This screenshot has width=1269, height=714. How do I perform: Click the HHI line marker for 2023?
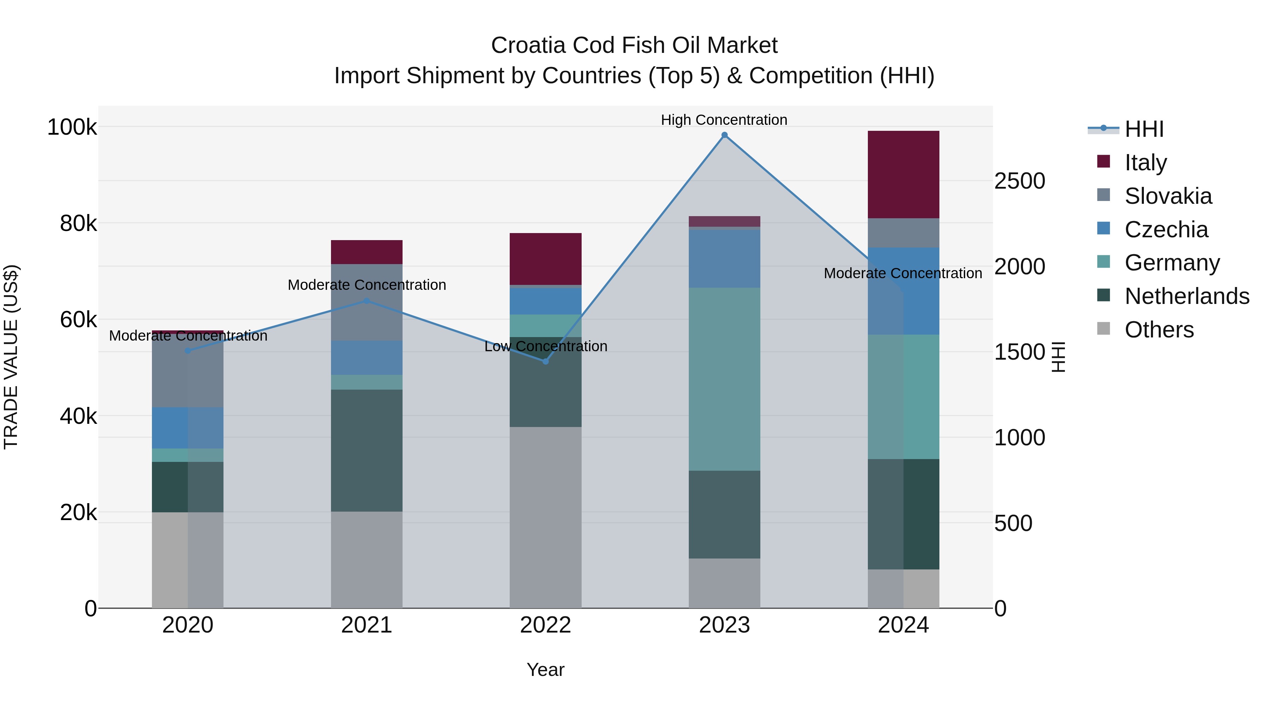tap(724, 135)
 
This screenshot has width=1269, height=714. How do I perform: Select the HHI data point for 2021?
tap(367, 300)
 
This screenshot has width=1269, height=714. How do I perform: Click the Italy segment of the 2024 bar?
tap(903, 175)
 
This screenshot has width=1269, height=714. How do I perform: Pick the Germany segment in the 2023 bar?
tap(724, 379)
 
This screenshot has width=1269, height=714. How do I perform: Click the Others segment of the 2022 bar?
tap(545, 517)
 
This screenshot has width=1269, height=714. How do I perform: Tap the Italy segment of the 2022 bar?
tap(545, 259)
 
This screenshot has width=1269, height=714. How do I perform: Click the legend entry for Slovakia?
tap(1167, 196)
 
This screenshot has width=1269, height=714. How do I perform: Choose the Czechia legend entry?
tap(1166, 229)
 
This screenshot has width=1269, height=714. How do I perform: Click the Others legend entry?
tap(1159, 329)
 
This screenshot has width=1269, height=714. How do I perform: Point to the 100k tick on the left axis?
tap(72, 127)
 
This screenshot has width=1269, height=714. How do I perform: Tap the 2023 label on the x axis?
tap(724, 625)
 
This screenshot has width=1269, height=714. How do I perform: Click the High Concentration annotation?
tap(724, 120)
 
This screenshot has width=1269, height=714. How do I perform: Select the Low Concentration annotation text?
tap(545, 346)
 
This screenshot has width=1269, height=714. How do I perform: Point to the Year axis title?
tap(545, 670)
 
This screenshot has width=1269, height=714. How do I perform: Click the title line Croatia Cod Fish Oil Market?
tap(634, 45)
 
